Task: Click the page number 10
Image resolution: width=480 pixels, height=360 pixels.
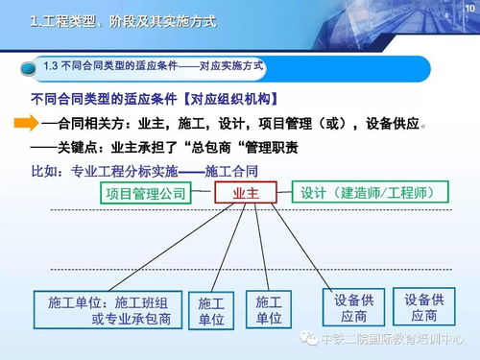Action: click(x=468, y=8)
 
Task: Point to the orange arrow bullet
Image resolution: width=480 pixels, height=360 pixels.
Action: click(x=25, y=124)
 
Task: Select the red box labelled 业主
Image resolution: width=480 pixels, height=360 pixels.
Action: click(x=246, y=194)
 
